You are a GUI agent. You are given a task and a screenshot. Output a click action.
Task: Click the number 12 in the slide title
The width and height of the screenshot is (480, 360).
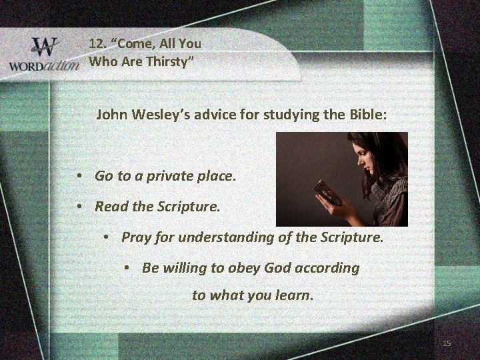click(x=97, y=43)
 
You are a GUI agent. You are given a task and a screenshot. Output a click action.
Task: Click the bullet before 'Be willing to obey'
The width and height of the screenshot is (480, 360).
click(x=127, y=268)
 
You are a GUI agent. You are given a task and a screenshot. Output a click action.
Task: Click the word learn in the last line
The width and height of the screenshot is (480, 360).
click(x=292, y=295)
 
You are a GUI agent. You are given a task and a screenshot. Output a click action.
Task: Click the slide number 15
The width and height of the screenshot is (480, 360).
click(x=447, y=343)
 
